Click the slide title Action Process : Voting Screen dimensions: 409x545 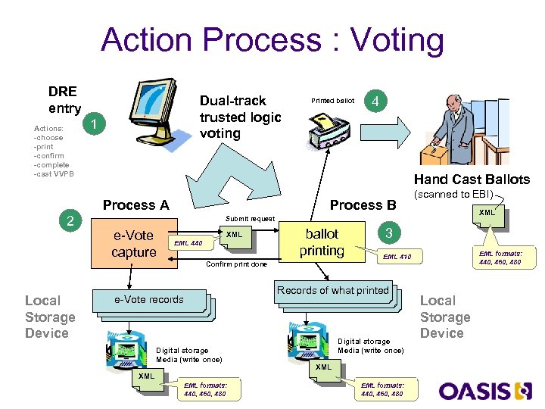pos(272,39)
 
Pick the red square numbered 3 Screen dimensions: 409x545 pos(388,233)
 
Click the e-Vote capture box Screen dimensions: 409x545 pos(133,243)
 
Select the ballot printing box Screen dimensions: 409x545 pos(322,242)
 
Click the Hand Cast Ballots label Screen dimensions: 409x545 pos(471,180)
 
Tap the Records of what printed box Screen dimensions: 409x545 pos(332,291)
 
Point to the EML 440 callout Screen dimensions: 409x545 pos(188,243)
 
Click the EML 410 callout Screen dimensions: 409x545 pos(397,258)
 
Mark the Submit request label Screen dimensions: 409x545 pos(250,219)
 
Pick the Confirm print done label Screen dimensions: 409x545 pos(236,265)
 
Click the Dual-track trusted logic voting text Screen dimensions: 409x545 pos(240,117)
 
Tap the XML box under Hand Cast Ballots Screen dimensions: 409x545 pos(487,213)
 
